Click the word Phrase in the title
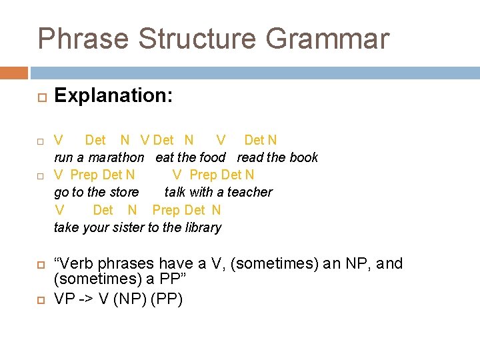(x=84, y=39)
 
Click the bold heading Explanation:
(x=113, y=96)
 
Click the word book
(x=303, y=158)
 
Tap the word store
(x=124, y=193)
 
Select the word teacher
(x=249, y=193)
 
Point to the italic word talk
(x=175, y=193)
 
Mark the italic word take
(x=66, y=228)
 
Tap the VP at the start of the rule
(x=65, y=299)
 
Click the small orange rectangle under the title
(x=14, y=73)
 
